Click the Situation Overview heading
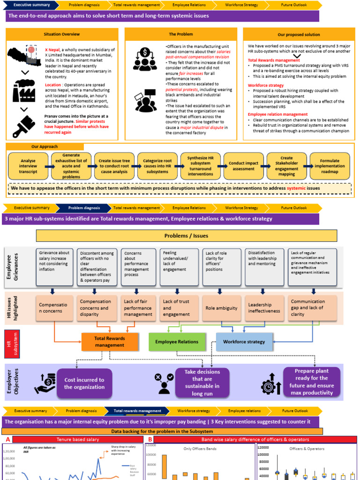click(61, 34)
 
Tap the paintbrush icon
click(22, 122)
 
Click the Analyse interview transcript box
click(28, 166)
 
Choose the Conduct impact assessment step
click(243, 166)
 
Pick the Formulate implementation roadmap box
click(330, 166)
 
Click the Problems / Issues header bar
click(186, 235)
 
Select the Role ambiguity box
click(221, 308)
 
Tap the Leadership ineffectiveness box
click(264, 308)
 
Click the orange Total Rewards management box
click(110, 342)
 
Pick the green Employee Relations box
click(177, 342)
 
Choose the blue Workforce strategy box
click(244, 342)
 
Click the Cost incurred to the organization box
click(84, 383)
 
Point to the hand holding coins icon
click(45, 383)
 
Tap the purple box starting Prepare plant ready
click(311, 382)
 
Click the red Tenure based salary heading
click(77, 439)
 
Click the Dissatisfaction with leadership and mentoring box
click(264, 267)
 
